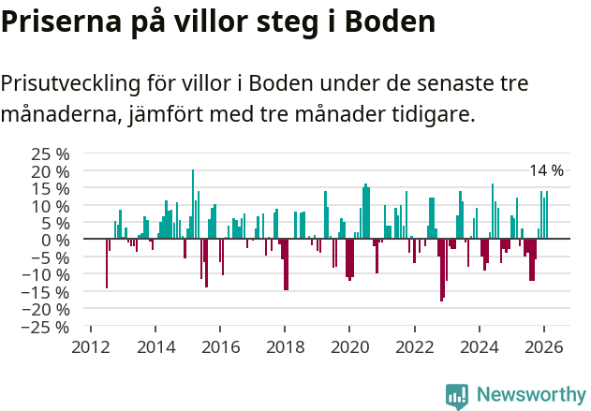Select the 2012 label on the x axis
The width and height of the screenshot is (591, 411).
click(x=90, y=346)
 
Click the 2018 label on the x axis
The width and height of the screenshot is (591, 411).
click(x=285, y=346)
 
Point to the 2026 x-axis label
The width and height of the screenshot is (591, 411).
click(x=544, y=346)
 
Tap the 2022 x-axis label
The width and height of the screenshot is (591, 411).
click(x=414, y=346)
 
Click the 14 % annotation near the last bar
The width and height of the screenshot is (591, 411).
click(x=546, y=170)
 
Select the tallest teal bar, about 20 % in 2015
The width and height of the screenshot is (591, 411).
click(x=193, y=204)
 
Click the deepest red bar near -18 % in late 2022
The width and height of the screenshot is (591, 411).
click(x=441, y=270)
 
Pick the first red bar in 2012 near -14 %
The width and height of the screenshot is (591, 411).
click(x=107, y=263)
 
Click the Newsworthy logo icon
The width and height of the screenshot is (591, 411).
click(x=457, y=395)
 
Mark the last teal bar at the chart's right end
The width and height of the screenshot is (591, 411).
click(x=547, y=215)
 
